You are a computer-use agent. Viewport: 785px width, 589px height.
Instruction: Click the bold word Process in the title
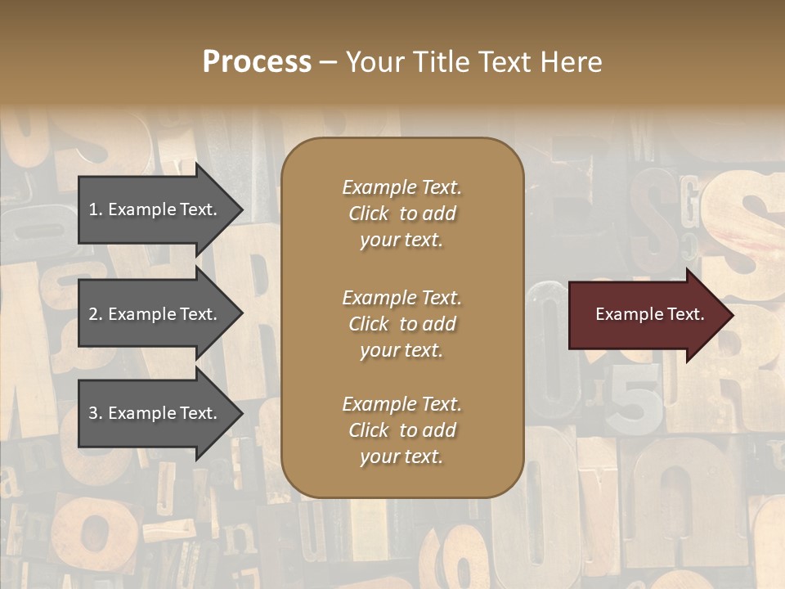point(257,62)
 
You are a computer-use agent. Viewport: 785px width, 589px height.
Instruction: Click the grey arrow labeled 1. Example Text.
point(155,209)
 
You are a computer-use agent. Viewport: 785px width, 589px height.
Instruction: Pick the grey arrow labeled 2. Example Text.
point(155,314)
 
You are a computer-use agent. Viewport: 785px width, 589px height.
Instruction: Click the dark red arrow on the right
point(646,315)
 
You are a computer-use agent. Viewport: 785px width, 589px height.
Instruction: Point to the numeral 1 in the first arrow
point(93,209)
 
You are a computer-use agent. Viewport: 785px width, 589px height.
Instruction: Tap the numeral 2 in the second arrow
point(93,314)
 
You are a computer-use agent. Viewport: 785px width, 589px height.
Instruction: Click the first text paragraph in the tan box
point(401,214)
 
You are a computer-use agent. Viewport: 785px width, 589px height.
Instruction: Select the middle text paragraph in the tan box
point(401,324)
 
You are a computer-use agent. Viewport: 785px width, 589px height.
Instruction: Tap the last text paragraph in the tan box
point(401,430)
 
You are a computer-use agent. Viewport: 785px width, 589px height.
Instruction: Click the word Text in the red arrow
point(685,314)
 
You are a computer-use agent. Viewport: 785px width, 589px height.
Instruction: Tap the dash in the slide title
point(328,62)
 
